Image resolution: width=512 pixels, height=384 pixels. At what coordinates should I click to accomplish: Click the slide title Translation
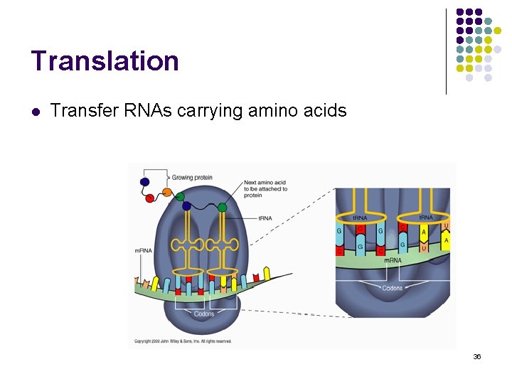pyautogui.click(x=105, y=61)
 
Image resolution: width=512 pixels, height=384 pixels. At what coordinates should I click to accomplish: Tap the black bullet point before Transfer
pyautogui.click(x=36, y=112)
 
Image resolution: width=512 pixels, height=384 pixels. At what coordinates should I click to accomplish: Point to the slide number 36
pyautogui.click(x=477, y=356)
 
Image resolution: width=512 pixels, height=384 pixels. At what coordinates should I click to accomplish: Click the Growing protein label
pyautogui.click(x=192, y=178)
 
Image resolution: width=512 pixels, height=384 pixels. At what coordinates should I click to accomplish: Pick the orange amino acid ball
pyautogui.click(x=167, y=191)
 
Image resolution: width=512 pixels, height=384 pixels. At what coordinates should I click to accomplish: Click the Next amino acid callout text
pyautogui.click(x=265, y=188)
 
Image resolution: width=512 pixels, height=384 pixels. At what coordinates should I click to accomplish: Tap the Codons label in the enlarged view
pyautogui.click(x=392, y=288)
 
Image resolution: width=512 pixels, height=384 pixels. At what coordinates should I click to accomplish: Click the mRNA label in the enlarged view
pyautogui.click(x=393, y=260)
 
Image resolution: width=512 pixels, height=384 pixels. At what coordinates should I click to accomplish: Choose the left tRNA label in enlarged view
pyautogui.click(x=361, y=218)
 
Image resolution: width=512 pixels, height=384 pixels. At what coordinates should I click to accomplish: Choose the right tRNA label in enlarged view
pyautogui.click(x=427, y=218)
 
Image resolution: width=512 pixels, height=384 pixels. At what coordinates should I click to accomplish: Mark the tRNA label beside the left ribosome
pyautogui.click(x=265, y=218)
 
